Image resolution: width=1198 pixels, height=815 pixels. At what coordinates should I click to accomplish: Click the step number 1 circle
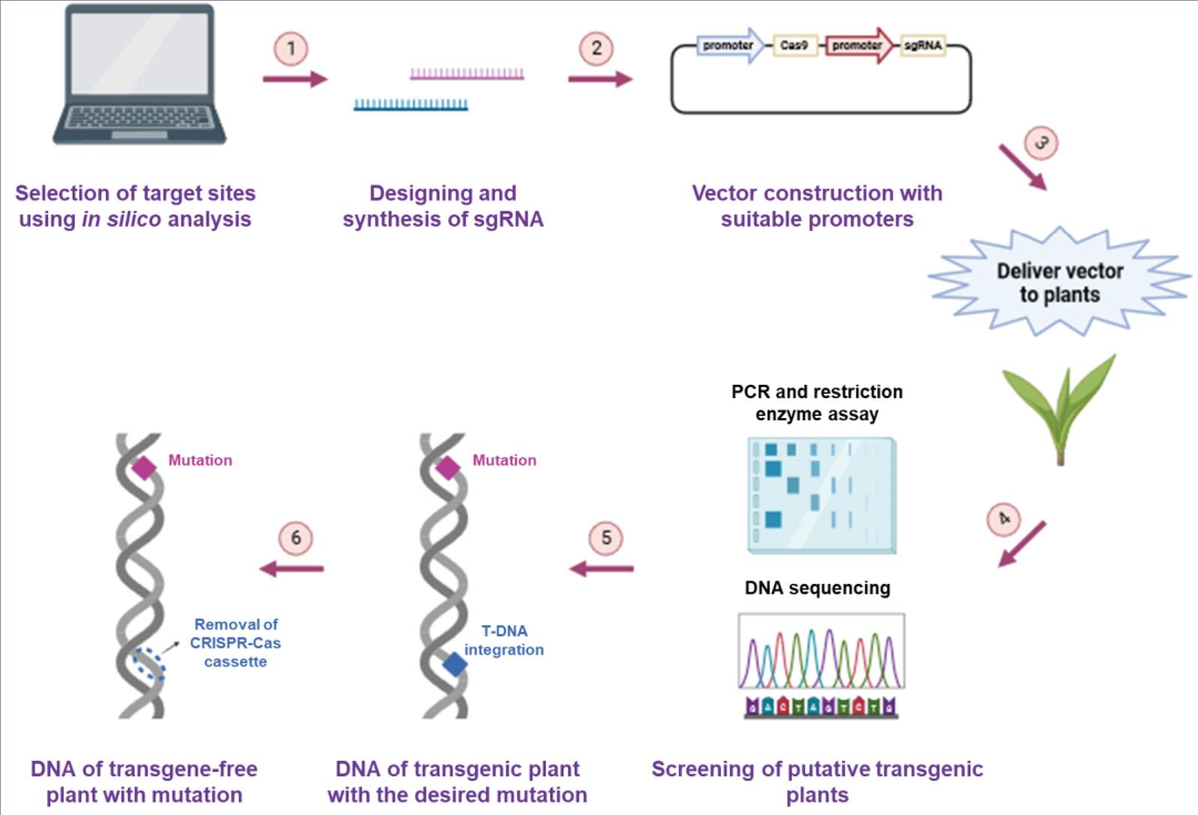pos(291,49)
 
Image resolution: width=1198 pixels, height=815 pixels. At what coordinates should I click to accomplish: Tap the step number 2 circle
pos(596,48)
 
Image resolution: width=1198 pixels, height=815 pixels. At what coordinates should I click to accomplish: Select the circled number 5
pos(606,538)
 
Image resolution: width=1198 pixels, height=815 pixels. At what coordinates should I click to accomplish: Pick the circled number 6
pos(296,538)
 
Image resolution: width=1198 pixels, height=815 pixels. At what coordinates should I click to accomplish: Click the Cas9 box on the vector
pos(794,46)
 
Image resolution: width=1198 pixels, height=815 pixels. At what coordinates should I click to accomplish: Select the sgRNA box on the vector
pos(923,46)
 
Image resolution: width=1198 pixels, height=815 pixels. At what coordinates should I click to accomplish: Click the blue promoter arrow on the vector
pos(731,46)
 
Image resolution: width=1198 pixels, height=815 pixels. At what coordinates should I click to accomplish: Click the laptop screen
pos(140,53)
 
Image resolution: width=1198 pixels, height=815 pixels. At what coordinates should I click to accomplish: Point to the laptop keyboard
pos(140,117)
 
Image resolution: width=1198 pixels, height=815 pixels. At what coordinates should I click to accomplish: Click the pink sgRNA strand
pos(467,74)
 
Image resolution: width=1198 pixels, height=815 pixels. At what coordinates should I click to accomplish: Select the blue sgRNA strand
pos(411,104)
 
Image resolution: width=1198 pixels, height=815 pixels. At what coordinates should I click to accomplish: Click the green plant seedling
pos(1060,409)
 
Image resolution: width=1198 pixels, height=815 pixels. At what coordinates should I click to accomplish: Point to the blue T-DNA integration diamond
pos(455,665)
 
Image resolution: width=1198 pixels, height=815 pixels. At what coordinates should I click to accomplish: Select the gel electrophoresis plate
pos(822,495)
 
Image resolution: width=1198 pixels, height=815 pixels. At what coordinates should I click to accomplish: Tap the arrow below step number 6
pos(292,568)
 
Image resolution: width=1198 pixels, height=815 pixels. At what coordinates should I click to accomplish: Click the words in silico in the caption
pos(122,219)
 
